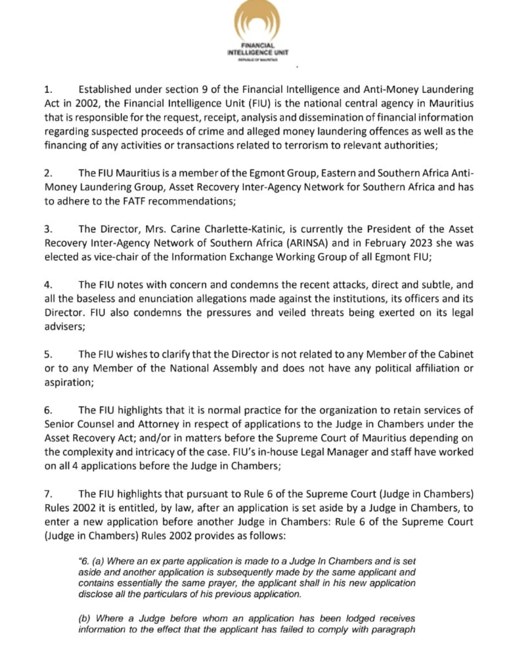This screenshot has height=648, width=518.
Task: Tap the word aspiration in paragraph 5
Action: pos(68,383)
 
